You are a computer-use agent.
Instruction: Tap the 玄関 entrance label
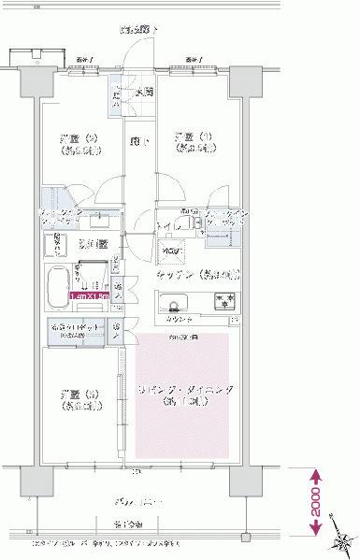145,92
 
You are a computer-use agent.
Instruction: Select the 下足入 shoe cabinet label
117,95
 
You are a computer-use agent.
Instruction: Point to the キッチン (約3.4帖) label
196,275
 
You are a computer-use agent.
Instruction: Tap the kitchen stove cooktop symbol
225,301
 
